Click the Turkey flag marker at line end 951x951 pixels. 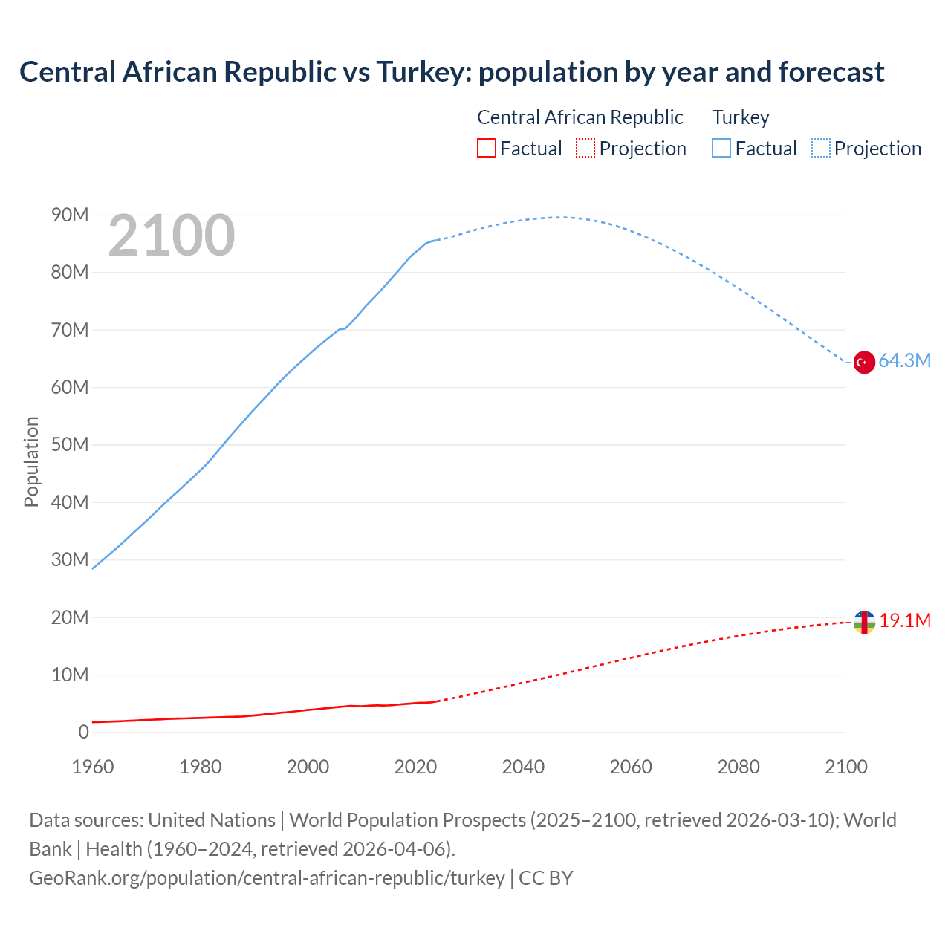[x=863, y=362]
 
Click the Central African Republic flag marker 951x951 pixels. [x=863, y=623]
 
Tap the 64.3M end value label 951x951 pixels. [x=904, y=361]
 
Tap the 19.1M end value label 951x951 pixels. [x=905, y=621]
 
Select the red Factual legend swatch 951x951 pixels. [x=486, y=149]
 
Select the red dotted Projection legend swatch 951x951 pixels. [x=585, y=149]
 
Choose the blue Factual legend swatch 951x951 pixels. [x=721, y=149]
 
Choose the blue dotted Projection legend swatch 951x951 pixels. [x=821, y=149]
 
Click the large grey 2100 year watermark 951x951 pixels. [x=172, y=236]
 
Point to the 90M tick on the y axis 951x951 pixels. [x=70, y=215]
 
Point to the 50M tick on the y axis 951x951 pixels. [x=70, y=445]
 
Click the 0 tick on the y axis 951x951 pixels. [x=83, y=733]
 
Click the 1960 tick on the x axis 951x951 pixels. [x=93, y=767]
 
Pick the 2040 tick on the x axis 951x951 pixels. [x=523, y=767]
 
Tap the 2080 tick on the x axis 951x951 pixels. [x=739, y=767]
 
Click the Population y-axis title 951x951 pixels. [x=31, y=461]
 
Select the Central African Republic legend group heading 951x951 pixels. [x=580, y=117]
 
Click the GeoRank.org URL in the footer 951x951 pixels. [x=267, y=878]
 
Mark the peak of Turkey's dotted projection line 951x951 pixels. [x=559, y=217]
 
